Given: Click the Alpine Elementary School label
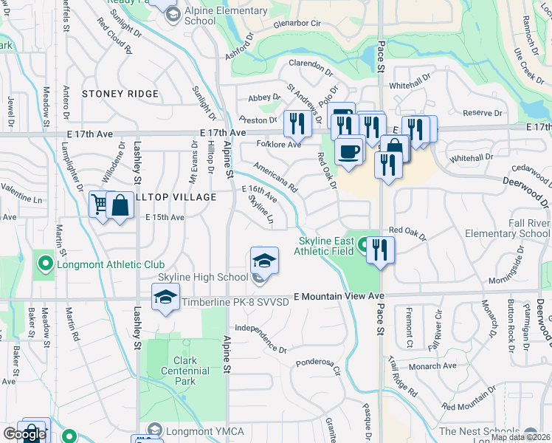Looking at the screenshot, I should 226,16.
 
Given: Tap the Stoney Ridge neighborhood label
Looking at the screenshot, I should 120,94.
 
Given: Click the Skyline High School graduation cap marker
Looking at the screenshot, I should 264,262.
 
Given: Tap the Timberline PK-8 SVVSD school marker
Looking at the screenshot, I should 166,299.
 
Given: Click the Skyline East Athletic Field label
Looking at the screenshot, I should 327,246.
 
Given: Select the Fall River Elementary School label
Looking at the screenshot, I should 507,229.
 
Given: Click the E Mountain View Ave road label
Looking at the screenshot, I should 339,296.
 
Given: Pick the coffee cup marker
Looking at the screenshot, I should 348,153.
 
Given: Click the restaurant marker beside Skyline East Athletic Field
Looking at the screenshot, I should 380,250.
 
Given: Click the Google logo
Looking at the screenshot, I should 24,434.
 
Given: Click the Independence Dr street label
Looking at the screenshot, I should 260,337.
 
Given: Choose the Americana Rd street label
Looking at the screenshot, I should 275,178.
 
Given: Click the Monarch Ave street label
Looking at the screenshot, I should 434,365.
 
